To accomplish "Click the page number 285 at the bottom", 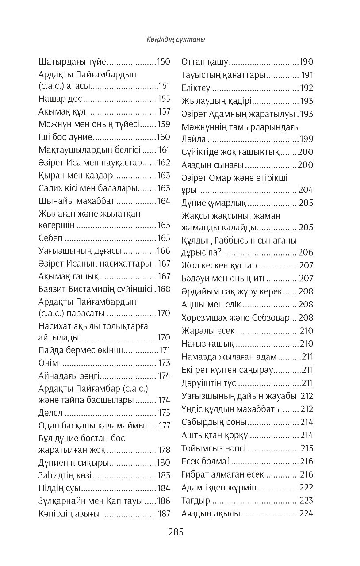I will [176, 532].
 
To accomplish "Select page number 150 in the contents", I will [164, 61].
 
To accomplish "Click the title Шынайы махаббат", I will [77, 201].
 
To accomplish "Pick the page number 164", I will [164, 201].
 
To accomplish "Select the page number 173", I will [164, 363].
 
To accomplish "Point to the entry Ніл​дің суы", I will [60, 488].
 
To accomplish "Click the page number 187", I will [164, 514].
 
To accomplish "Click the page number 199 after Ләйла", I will [306, 139].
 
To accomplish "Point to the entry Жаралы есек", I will [208, 330].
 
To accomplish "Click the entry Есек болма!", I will [206, 461].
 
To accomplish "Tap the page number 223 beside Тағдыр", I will [306, 501].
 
